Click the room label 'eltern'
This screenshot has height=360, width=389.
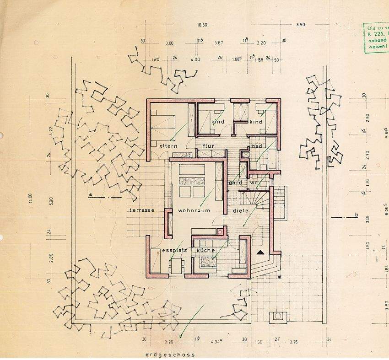pyautogui.click(x=168, y=146)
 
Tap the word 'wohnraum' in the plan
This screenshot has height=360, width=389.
pyautogui.click(x=194, y=211)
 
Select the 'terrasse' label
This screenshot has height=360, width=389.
pyautogui.click(x=140, y=210)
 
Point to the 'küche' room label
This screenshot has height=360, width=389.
pyautogui.click(x=206, y=251)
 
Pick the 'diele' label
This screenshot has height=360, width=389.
pyautogui.click(x=240, y=211)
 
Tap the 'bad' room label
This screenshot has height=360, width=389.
pyautogui.click(x=257, y=146)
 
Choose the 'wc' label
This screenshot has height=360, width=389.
pyautogui.click(x=254, y=183)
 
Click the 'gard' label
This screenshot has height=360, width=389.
pyautogui.click(x=235, y=183)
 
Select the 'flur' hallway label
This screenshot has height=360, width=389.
pyautogui.click(x=209, y=146)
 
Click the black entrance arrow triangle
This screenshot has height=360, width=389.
pyautogui.click(x=261, y=252)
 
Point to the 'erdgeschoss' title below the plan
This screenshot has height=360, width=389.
pyautogui.click(x=170, y=355)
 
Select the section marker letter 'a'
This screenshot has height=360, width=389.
pyautogui.click(x=91, y=195)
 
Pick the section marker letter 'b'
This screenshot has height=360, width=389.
pyautogui.click(x=356, y=215)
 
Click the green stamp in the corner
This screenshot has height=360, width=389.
pyautogui.click(x=375, y=38)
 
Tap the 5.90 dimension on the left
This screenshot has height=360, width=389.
pyautogui.click(x=51, y=201)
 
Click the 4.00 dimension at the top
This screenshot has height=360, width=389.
pyautogui.click(x=195, y=59)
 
